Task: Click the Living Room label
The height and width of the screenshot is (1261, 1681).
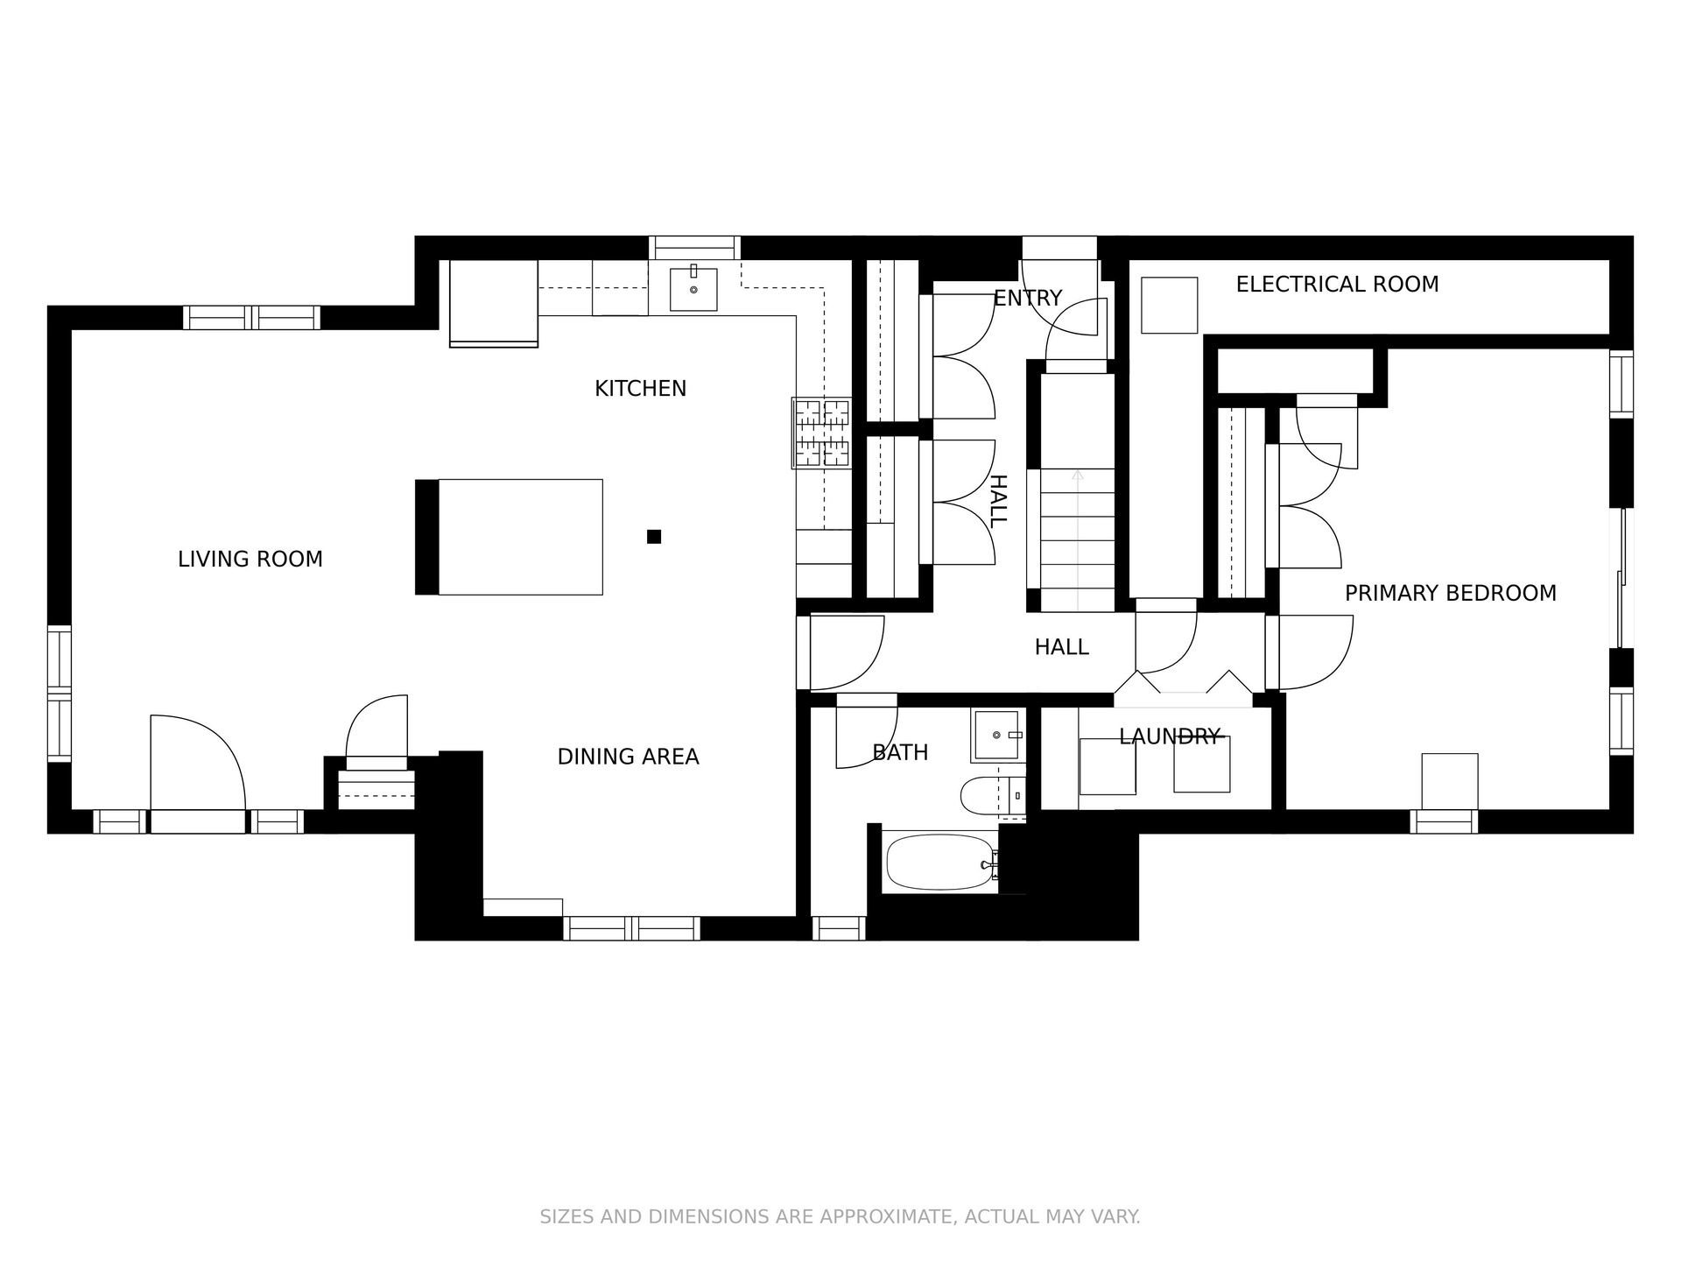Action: click(250, 559)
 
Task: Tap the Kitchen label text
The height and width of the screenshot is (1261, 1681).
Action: click(640, 388)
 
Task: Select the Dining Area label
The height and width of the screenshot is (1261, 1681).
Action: click(628, 757)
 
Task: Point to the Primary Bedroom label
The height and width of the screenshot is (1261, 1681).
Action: click(1451, 593)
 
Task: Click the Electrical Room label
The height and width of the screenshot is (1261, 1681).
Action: click(1337, 284)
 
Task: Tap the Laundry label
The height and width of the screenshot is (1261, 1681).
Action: click(1170, 736)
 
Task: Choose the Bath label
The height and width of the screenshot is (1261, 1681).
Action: click(900, 752)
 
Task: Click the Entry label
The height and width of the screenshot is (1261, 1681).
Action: click(1027, 298)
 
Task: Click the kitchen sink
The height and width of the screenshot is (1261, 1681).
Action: click(693, 289)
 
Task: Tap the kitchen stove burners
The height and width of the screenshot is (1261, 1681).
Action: click(821, 433)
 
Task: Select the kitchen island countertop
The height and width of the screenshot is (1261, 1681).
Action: click(520, 537)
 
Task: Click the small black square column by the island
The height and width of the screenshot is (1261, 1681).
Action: click(654, 537)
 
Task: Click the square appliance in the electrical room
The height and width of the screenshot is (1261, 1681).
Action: click(1169, 306)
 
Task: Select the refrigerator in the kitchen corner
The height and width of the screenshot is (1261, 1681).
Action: click(494, 302)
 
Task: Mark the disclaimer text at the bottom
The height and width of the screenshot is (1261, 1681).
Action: click(840, 1216)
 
